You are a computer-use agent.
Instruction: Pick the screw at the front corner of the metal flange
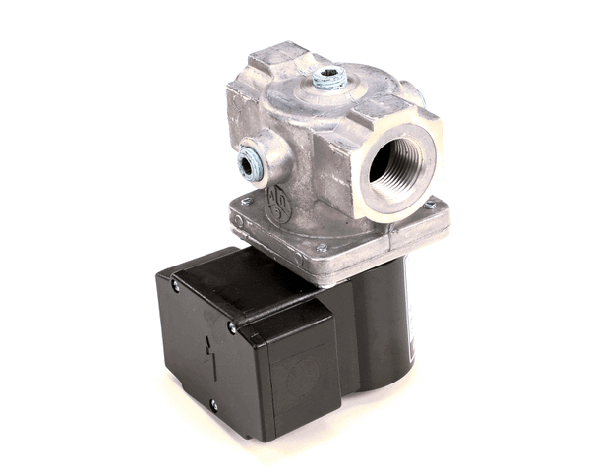pos(321,247)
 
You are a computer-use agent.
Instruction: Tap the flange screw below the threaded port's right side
pos(430,204)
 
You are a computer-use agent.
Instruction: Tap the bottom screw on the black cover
pos(212,403)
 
